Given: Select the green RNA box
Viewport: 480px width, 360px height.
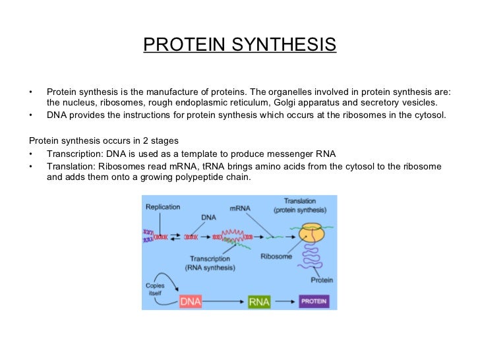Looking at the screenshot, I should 259,301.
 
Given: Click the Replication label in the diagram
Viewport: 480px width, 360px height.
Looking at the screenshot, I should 162,207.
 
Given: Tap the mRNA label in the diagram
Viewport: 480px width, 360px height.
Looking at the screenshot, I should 240,208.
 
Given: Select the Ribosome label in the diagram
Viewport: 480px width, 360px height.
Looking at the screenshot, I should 276,256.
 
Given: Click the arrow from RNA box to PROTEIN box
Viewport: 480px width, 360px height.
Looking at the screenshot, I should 284,301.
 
